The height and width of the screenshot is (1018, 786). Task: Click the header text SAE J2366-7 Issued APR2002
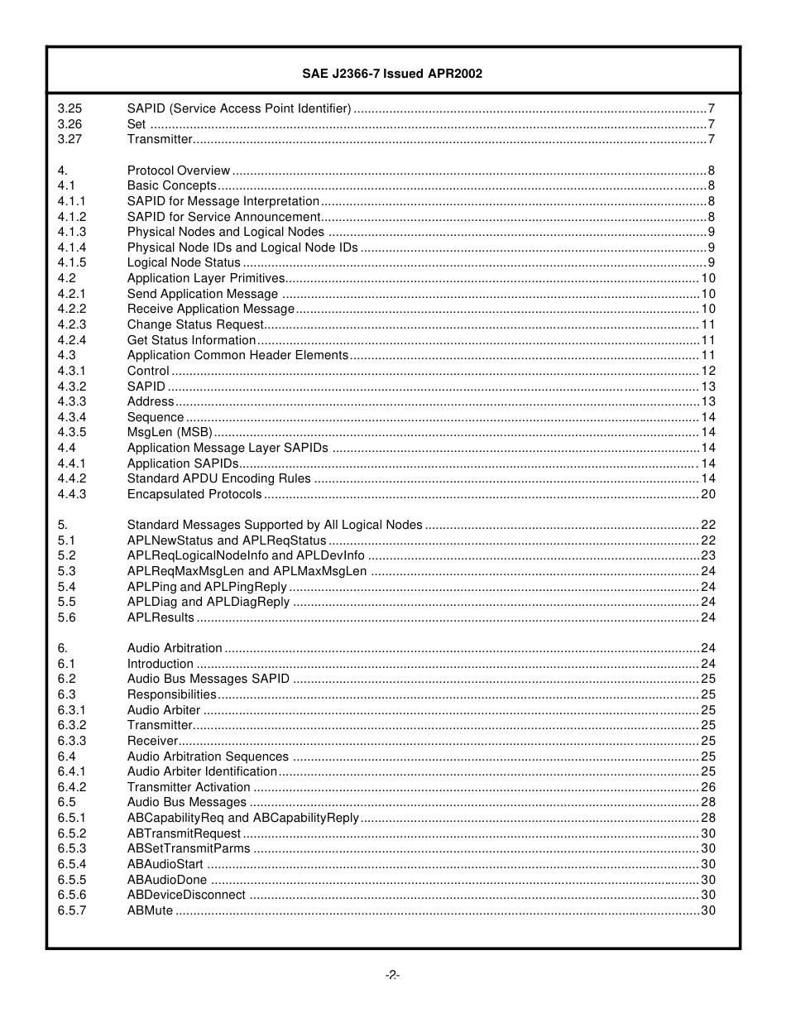click(x=392, y=74)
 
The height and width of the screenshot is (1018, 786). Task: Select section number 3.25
click(x=69, y=108)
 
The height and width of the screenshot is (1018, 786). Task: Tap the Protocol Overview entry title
click(x=178, y=170)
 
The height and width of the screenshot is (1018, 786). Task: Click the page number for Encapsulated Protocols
click(x=708, y=494)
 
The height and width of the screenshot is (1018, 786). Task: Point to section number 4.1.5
click(x=72, y=262)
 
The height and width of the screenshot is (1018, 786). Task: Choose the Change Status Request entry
click(x=194, y=324)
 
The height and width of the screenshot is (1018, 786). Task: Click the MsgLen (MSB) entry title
click(x=169, y=432)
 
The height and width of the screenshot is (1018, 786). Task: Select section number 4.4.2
click(x=72, y=478)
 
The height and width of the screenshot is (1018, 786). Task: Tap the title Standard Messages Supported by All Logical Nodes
click(x=275, y=525)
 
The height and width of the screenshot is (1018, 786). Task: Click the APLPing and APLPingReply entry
click(x=207, y=587)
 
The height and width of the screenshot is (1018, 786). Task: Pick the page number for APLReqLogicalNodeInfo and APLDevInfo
click(x=708, y=555)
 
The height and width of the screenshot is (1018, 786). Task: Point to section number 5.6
click(x=66, y=617)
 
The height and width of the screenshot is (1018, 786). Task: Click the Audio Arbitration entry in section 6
click(x=175, y=648)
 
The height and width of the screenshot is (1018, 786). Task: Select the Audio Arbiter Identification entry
click(x=202, y=771)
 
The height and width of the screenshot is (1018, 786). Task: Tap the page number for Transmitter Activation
click(x=708, y=787)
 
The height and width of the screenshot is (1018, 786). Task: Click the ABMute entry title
click(x=150, y=910)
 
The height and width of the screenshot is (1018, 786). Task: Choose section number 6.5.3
click(x=72, y=848)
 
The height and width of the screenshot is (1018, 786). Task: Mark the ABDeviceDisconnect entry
click(x=186, y=895)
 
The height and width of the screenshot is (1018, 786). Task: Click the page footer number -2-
click(x=392, y=975)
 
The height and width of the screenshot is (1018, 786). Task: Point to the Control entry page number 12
click(x=708, y=371)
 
